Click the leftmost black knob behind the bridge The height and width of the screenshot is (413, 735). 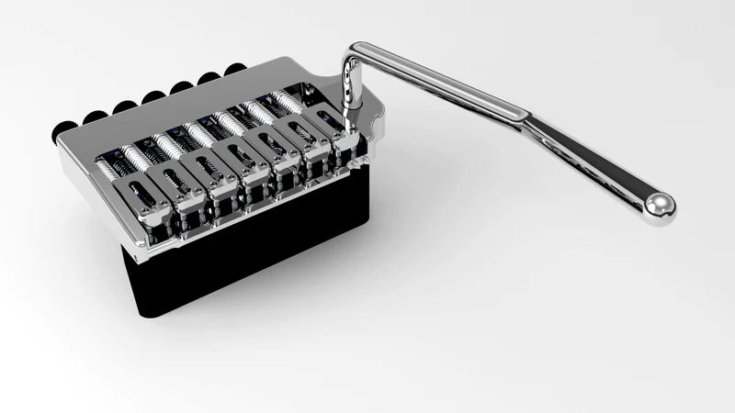[x=66, y=128]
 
